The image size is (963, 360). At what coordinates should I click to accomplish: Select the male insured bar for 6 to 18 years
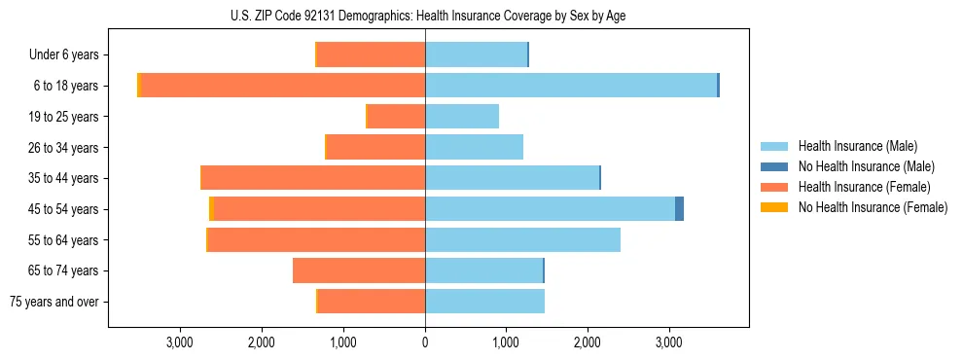[x=571, y=86]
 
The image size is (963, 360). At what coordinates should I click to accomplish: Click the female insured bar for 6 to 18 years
[x=283, y=86]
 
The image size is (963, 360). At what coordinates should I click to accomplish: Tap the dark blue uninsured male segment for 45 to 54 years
[x=679, y=209]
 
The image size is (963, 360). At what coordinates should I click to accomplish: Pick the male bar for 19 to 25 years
[x=462, y=117]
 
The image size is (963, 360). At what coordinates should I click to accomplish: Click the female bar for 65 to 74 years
[x=359, y=270]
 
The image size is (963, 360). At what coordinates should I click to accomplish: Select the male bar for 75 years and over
[x=484, y=302]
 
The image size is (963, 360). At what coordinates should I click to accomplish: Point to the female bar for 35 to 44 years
[x=313, y=178]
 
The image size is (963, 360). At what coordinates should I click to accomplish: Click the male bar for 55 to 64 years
[x=522, y=239]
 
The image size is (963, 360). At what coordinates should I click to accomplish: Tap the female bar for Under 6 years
[x=372, y=54]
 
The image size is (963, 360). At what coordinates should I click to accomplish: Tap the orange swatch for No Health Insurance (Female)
[x=774, y=207]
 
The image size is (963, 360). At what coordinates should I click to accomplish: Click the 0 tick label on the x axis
[x=425, y=342]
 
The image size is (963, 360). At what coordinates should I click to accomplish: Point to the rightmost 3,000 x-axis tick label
[x=668, y=342]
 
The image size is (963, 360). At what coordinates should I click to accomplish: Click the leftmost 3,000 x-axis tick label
[x=181, y=342]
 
